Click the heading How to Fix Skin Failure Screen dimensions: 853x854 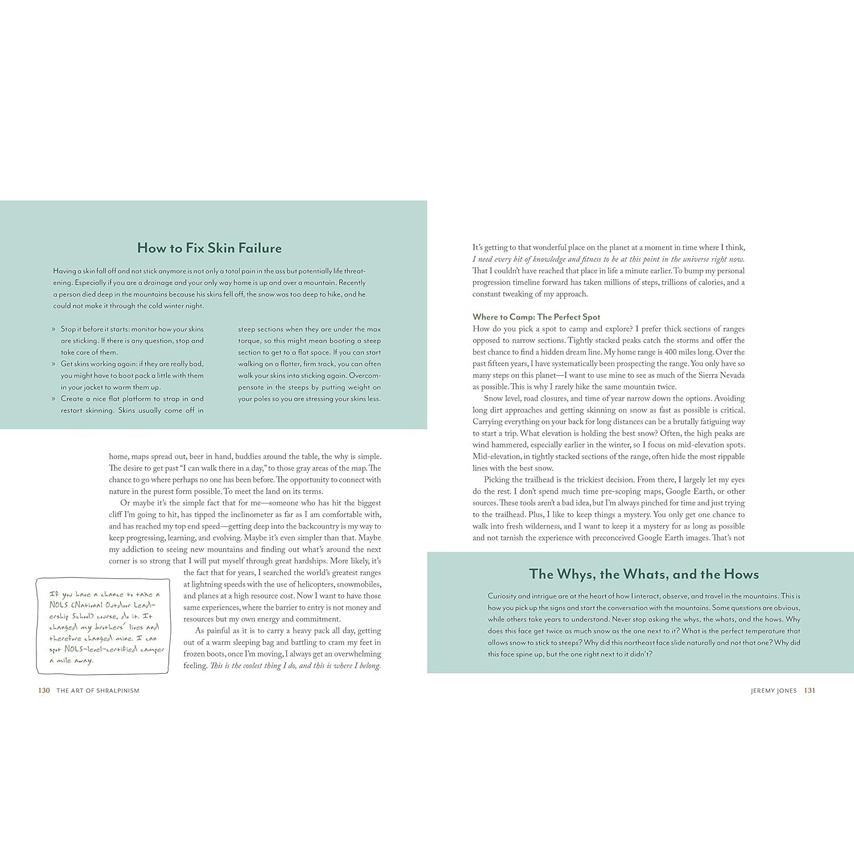pos(209,248)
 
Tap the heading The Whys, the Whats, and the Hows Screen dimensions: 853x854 pos(644,574)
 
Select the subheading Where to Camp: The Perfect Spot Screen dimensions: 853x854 pos(536,317)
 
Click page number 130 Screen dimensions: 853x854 pos(44,690)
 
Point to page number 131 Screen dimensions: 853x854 pos(809,690)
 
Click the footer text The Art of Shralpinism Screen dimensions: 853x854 pos(98,690)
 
